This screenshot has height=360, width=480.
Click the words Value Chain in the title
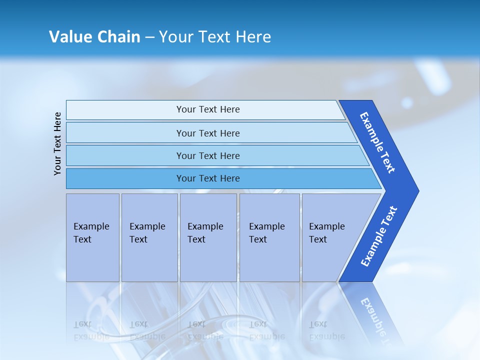click(94, 37)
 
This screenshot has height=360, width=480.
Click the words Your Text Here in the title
click(215, 37)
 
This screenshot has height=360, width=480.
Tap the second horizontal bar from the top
click(207, 133)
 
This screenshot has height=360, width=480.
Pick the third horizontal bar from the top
click(207, 155)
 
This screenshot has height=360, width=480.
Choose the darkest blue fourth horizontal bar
click(207, 178)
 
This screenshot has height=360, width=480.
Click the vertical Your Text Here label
click(57, 143)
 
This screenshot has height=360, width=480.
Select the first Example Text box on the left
click(92, 237)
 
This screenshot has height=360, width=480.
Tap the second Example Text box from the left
click(149, 237)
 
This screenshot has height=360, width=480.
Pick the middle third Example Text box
click(208, 237)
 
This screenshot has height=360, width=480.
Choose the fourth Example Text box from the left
click(269, 237)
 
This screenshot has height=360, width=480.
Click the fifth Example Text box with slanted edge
click(330, 237)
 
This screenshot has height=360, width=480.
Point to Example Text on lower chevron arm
click(379, 236)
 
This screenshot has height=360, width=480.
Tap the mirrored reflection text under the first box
click(91, 330)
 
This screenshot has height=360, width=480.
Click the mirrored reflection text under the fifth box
click(326, 330)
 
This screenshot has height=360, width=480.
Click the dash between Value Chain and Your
click(149, 37)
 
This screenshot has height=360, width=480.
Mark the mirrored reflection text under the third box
click(205, 330)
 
